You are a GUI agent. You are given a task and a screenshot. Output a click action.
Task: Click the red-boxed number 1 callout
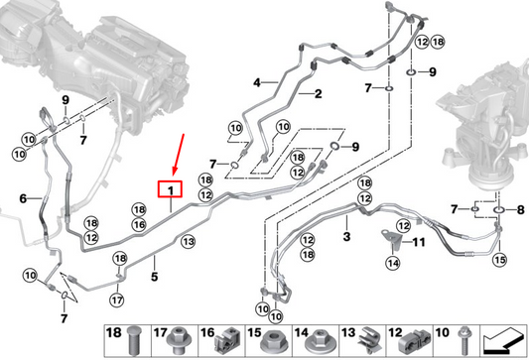pos(171,188)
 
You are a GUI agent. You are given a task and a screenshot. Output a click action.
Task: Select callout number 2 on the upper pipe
pos(320,95)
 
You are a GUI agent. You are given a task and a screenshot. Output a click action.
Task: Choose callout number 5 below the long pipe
pos(23,198)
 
